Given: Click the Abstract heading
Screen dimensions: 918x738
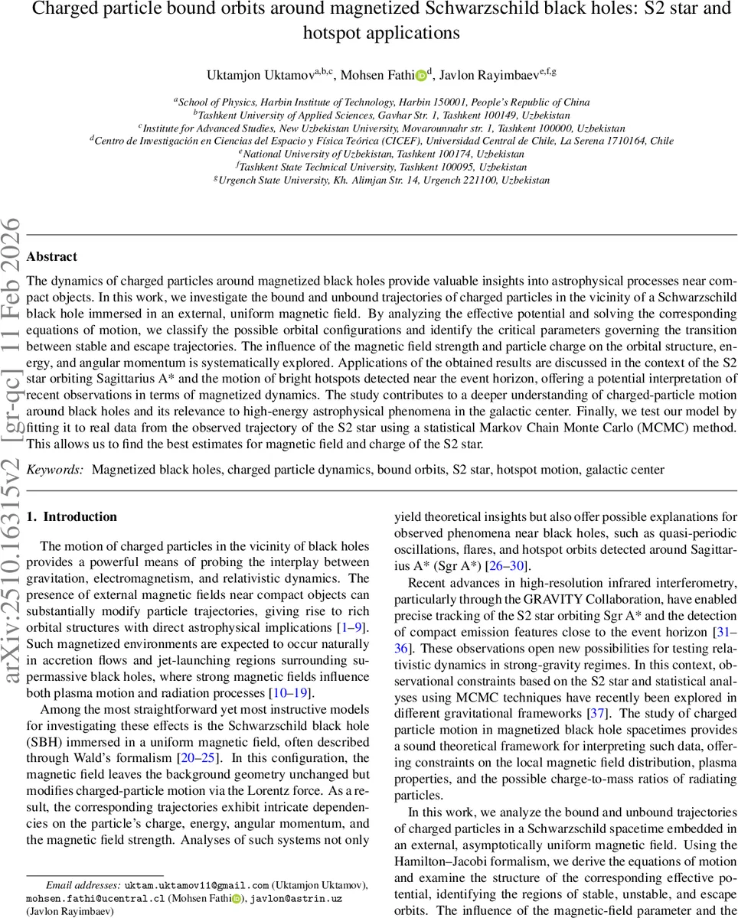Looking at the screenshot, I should [x=51, y=257].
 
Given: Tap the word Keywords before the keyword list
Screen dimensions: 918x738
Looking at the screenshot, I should [x=54, y=470].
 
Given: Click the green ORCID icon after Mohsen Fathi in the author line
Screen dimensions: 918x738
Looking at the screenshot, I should [x=421, y=75].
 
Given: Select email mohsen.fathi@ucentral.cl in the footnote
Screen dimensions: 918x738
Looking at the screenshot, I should [x=96, y=898].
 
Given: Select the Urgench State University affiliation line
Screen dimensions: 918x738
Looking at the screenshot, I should [x=381, y=180].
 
